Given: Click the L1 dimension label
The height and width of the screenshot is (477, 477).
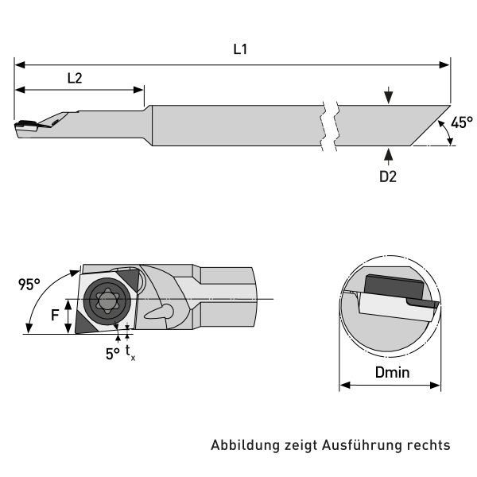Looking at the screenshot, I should pos(240,49).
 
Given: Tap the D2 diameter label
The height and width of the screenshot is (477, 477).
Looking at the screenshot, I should pos(387,176).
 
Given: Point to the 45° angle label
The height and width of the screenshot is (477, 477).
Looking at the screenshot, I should pos(461,122).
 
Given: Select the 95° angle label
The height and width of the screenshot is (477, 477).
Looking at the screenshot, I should pos(30,285).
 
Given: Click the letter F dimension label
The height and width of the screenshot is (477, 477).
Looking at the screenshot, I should pos(55,315).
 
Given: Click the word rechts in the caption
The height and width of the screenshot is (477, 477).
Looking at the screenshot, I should pos(429,445).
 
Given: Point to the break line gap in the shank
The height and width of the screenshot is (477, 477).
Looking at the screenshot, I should pos(329,126).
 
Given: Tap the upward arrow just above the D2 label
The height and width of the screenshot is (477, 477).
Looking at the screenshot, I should pos(387,154).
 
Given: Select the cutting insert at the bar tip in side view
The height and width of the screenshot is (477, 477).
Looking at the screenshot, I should pos(27,125).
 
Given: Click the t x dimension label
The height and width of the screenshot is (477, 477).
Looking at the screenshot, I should pos(130,353).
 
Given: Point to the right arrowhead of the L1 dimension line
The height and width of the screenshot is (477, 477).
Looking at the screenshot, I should pos(446,63).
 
